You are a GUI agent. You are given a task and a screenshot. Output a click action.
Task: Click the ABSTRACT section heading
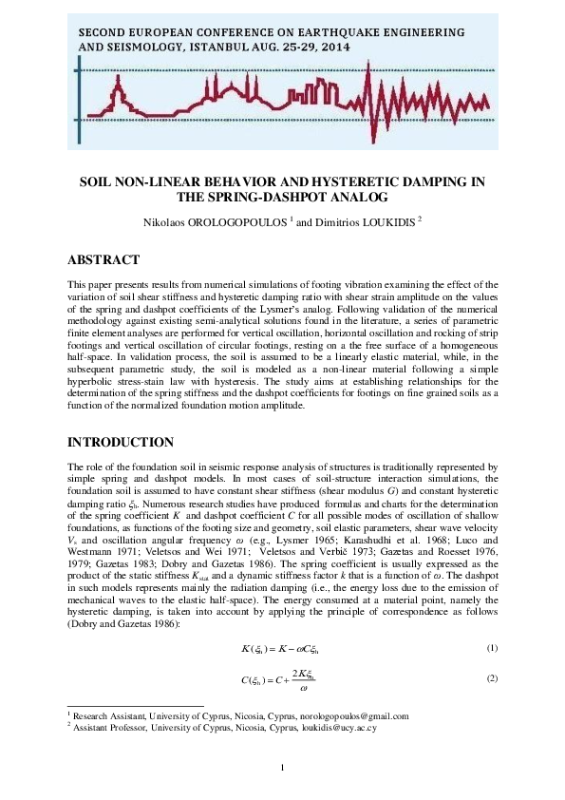104,260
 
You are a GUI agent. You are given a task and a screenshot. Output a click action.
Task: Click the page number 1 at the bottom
283,768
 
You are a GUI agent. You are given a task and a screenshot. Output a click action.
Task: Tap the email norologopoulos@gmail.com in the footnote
353,716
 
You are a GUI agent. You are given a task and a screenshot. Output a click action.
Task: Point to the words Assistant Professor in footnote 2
106,728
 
